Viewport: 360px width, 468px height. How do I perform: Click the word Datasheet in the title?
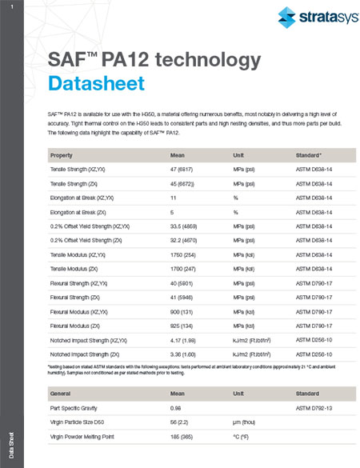pos(97,82)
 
